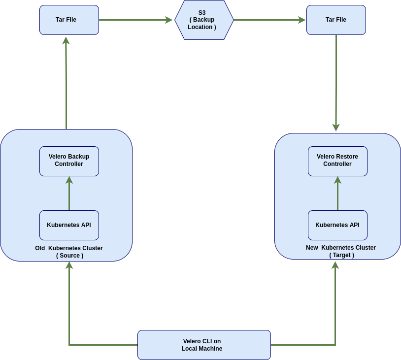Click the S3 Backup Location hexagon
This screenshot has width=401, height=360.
203,20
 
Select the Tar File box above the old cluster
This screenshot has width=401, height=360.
69,20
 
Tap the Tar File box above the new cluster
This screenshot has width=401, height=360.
336,20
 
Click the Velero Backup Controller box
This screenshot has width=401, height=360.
69,161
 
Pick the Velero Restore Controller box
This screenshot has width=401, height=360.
337,161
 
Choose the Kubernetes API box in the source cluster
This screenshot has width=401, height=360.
69,225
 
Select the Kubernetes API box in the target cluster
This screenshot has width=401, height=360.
337,225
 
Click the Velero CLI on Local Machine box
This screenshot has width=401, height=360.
204,345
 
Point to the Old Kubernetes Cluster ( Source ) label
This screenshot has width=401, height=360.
69,252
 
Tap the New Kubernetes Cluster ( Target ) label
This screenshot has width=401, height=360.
341,251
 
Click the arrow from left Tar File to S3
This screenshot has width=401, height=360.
136,20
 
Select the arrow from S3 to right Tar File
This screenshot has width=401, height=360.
269,20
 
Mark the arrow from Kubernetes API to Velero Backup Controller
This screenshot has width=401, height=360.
69,194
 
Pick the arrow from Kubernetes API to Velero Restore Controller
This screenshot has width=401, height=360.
337,194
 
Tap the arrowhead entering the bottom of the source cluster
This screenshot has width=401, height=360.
69,265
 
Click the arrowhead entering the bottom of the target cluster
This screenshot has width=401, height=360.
335,265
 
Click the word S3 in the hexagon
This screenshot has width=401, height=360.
202,13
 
